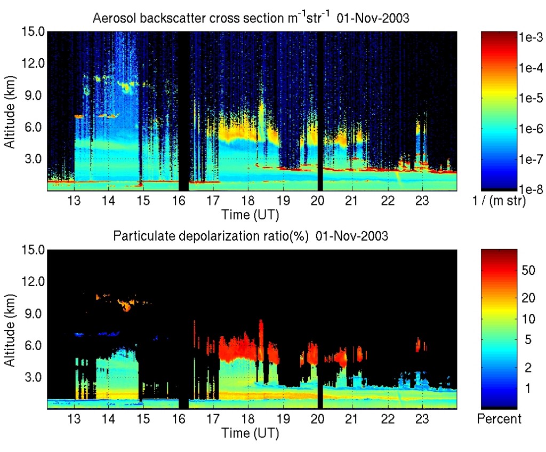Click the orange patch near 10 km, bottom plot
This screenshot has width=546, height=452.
(x=127, y=305)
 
